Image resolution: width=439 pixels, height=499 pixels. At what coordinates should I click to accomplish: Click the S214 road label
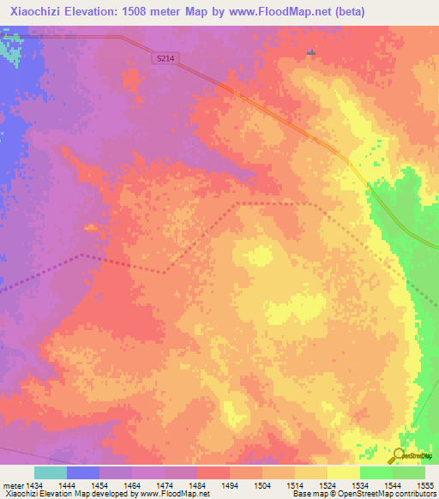pos(167,57)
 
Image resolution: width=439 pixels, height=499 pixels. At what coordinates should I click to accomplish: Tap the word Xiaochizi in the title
pos(36,12)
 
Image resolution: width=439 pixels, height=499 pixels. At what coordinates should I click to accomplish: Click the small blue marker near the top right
pos(310,52)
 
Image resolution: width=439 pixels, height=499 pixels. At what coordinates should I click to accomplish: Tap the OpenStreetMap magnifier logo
pos(400,456)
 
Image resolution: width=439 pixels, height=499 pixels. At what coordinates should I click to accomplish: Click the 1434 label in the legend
pos(35,485)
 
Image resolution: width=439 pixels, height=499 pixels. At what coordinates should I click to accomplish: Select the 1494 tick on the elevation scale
pos(230,485)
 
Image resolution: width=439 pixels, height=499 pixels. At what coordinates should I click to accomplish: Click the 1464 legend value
pos(132,485)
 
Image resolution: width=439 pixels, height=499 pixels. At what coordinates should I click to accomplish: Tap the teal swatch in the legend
pos(51,472)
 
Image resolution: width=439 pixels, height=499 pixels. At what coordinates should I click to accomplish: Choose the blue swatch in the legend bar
pos(83,472)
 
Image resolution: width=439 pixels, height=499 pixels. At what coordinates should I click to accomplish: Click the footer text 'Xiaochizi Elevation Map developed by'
pos(70,495)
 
